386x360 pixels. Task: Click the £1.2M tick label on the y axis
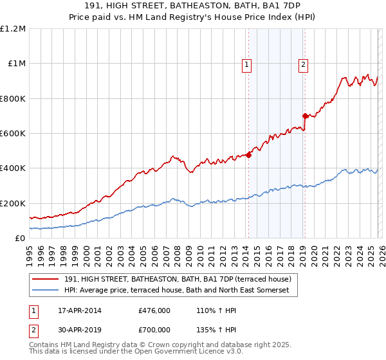point(13,29)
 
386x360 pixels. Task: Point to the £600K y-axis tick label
point(13,134)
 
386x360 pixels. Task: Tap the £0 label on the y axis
point(21,238)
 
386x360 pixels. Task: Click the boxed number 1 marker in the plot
point(247,64)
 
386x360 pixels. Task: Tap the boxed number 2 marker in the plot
point(303,64)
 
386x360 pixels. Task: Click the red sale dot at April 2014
point(248,154)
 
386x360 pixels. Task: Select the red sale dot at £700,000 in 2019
point(305,116)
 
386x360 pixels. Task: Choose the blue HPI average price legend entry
point(181,291)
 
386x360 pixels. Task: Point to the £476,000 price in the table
point(154,310)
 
